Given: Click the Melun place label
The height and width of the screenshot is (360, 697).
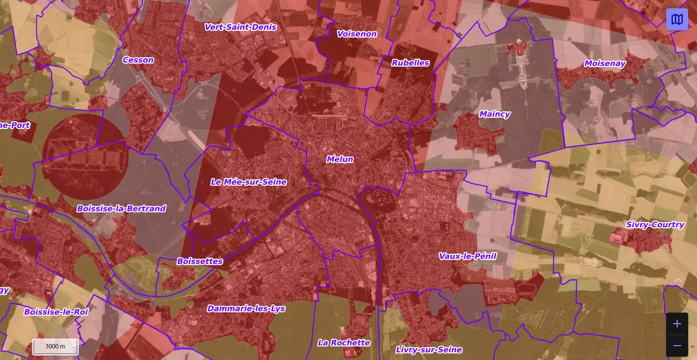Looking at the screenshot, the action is (x=340, y=159).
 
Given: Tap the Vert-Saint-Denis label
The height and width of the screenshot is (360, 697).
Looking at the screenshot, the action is (x=240, y=27).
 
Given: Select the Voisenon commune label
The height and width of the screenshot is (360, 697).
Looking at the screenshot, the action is (x=357, y=34).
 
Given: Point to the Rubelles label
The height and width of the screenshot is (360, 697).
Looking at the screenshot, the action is (x=410, y=63).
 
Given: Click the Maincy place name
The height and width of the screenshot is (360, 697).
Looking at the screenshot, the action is (x=494, y=114).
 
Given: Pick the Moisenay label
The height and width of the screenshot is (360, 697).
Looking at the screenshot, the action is (x=605, y=63).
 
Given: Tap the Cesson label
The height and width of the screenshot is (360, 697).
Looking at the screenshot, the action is (x=138, y=60).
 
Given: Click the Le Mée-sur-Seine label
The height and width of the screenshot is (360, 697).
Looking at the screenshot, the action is (x=249, y=182).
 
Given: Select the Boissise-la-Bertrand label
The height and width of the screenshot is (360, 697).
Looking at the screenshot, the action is (x=121, y=208).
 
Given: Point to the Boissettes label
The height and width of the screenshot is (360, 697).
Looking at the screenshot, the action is (x=200, y=261).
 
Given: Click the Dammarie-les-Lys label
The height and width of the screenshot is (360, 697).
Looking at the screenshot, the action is (x=246, y=309).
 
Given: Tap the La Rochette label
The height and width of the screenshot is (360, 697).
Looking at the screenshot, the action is (x=344, y=342).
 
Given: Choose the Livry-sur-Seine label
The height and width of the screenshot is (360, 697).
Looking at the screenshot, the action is (x=428, y=350).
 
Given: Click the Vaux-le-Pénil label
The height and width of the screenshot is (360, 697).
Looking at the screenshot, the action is (x=468, y=256).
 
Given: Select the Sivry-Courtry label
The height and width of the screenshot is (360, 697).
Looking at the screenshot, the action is (x=655, y=225).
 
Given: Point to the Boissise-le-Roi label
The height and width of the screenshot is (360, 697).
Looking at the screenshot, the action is (x=56, y=312).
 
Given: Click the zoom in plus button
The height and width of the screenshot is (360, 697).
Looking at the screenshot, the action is (x=677, y=324).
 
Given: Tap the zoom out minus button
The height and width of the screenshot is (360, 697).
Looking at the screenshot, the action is (x=677, y=346).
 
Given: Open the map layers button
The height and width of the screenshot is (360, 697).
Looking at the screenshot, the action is (x=677, y=19).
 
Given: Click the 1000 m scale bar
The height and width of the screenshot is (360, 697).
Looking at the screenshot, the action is (x=55, y=347).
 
